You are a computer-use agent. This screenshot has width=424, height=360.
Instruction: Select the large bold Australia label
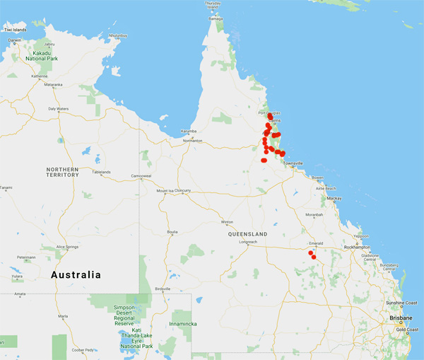pyautogui.click(x=75, y=274)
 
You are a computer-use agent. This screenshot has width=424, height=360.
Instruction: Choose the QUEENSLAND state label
pyautogui.click(x=248, y=233)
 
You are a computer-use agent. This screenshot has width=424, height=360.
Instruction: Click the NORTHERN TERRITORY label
pyautogui.click(x=62, y=173)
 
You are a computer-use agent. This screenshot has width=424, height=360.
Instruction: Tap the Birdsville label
pyautogui.click(x=163, y=289)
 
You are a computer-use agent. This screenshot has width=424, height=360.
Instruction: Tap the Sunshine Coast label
pyautogui.click(x=401, y=303)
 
